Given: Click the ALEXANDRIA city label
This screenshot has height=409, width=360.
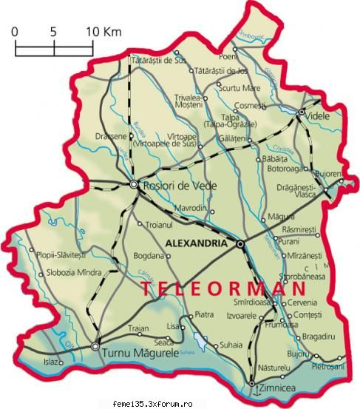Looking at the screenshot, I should coord(197,243).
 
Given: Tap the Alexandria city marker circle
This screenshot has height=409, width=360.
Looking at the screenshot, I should coord(240,243).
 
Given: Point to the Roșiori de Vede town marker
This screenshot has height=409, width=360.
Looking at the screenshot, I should coord(134,184).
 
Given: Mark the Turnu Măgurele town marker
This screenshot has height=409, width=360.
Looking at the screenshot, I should coord(95,345).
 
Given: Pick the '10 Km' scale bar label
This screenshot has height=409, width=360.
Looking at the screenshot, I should coord(103,33).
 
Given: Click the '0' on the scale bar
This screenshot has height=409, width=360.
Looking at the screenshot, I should coord(16,33).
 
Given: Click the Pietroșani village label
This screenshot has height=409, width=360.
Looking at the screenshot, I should coord(327,366).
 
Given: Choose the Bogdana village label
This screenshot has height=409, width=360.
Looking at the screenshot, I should coord(148,257).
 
